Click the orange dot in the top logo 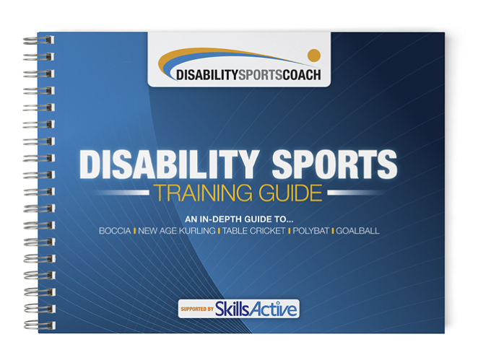pyautogui.click(x=314, y=56)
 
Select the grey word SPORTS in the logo pyautogui.click(x=260, y=75)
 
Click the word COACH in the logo pyautogui.click(x=302, y=75)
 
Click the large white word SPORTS pyautogui.click(x=334, y=164)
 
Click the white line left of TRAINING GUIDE pyautogui.click(x=123, y=193)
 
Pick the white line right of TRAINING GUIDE pyautogui.click(x=354, y=193)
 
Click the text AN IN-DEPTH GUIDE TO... pyautogui.click(x=239, y=219)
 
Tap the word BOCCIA pyautogui.click(x=115, y=231)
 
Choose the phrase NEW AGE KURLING pyautogui.click(x=177, y=231)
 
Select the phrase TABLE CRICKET pyautogui.click(x=254, y=231)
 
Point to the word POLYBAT pyautogui.click(x=311, y=231)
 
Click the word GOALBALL pyautogui.click(x=357, y=231)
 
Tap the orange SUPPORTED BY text pyautogui.click(x=197, y=309)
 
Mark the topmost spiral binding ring pyautogui.click(x=39, y=40)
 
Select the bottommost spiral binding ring pyautogui.click(x=40, y=325)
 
